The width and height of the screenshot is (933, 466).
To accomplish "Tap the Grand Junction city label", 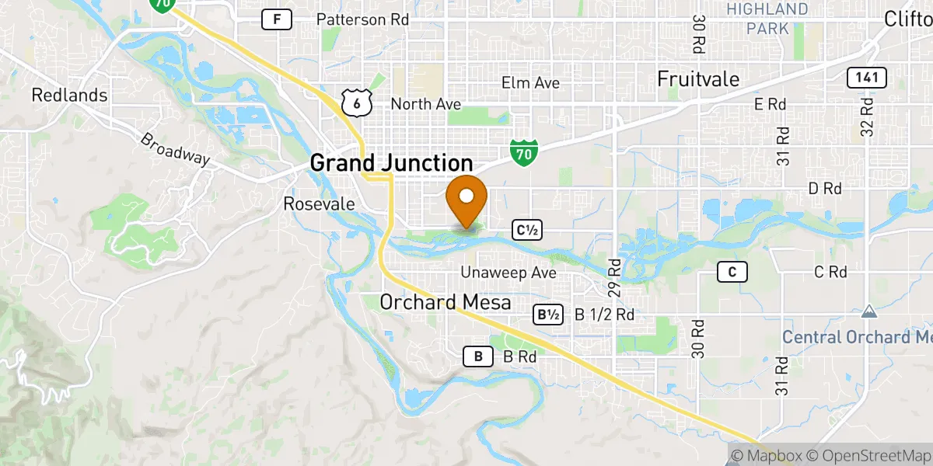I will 391,163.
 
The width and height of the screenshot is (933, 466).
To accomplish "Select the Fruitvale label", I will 698,79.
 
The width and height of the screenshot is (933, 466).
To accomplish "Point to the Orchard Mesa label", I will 446,301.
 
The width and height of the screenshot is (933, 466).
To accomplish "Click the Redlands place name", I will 58,96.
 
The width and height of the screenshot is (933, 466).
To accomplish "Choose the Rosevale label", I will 319,204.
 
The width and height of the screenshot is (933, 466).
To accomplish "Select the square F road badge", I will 276,19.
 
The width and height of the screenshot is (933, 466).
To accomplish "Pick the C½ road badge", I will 526,230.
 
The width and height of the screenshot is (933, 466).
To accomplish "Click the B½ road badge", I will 547,315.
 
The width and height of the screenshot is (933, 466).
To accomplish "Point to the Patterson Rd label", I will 363,19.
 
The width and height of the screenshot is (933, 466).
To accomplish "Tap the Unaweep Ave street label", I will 508,273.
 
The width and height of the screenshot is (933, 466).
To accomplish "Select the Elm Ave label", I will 530,83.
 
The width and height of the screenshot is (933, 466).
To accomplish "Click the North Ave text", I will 425,104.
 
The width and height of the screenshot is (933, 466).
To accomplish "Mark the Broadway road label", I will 175,148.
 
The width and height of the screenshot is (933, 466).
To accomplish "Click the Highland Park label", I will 767,19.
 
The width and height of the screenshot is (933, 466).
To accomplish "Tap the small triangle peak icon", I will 869,311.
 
